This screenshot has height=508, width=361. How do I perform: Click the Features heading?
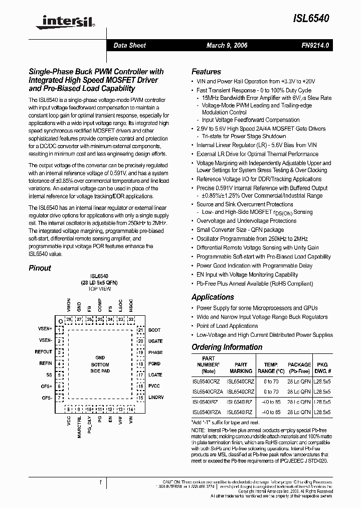(x=206, y=72)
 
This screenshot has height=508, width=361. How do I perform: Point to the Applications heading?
(x=213, y=297)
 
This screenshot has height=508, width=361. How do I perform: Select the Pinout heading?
(x=40, y=268)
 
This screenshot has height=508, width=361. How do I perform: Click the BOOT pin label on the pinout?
(x=154, y=330)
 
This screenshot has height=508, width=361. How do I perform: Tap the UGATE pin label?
(x=155, y=341)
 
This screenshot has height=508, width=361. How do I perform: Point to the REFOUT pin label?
(x=43, y=352)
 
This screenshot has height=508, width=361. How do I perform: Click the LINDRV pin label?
(x=156, y=397)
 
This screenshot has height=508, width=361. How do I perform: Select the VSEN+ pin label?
(x=45, y=329)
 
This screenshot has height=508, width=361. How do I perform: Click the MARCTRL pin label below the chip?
(x=79, y=427)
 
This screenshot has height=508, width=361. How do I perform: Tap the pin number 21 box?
(x=141, y=330)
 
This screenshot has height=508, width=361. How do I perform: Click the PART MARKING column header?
(x=241, y=368)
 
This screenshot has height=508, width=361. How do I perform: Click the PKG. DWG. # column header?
(x=322, y=368)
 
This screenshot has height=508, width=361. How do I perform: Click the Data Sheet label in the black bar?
(x=129, y=45)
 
